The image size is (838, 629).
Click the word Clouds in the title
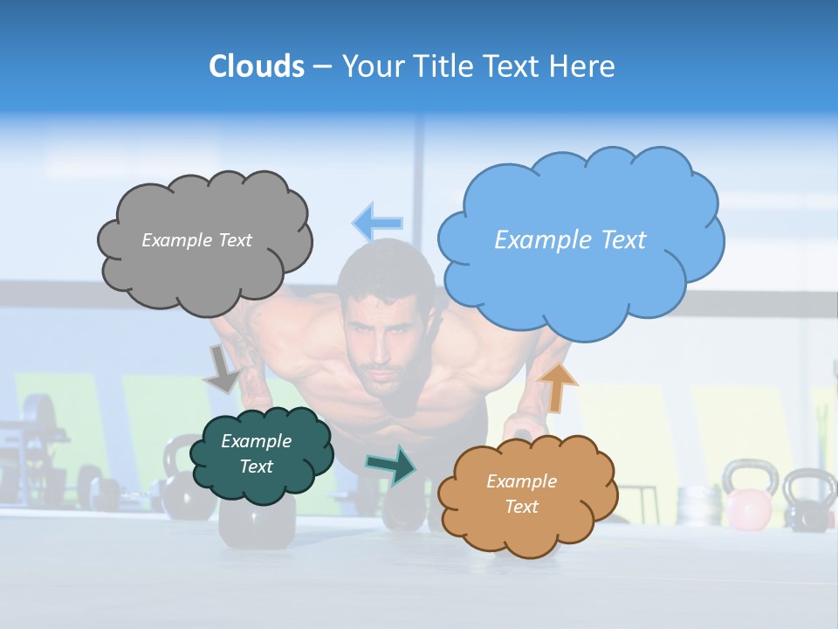coord(257,66)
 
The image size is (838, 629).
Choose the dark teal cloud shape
coord(262,485)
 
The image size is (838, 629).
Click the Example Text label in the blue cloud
coord(570,240)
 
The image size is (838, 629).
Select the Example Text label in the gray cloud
coord(196,240)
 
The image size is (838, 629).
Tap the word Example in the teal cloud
coord(256,442)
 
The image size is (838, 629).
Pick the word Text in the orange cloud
coord(521,508)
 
